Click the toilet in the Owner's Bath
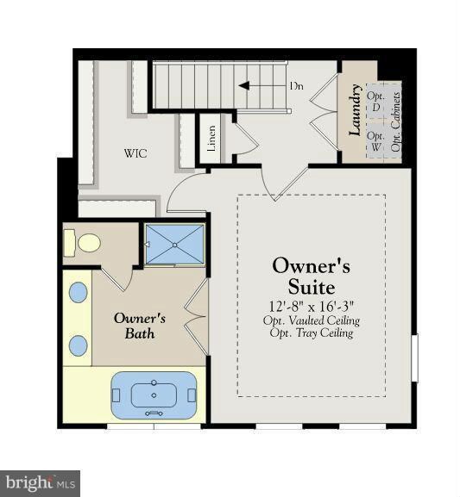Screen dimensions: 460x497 click(x=82, y=243)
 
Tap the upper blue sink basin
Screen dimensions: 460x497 click(x=79, y=292)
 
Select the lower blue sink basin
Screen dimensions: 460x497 click(x=79, y=345)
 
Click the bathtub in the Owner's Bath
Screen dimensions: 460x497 click(x=154, y=395)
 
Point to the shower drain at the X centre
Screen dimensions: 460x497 click(x=174, y=245)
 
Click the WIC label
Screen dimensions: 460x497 click(x=135, y=153)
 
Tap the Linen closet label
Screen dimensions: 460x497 click(x=211, y=138)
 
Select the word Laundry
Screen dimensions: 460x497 click(x=356, y=110)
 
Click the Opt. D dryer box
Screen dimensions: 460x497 click(x=375, y=102)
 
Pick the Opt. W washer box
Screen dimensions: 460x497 click(x=375, y=140)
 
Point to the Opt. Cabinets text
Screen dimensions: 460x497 click(x=395, y=121)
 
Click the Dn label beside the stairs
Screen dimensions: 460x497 click(x=296, y=86)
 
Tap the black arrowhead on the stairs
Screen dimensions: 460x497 click(x=244, y=86)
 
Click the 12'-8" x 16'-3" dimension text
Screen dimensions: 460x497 click(x=312, y=307)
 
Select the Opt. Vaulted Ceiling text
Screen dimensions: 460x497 click(x=312, y=320)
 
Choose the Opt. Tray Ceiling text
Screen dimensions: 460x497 click(x=312, y=333)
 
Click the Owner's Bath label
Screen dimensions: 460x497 click(x=140, y=326)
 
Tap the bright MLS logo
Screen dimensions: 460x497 click(x=40, y=484)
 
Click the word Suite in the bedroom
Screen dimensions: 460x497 click(x=312, y=287)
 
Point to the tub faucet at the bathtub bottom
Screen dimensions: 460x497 click(x=154, y=413)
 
